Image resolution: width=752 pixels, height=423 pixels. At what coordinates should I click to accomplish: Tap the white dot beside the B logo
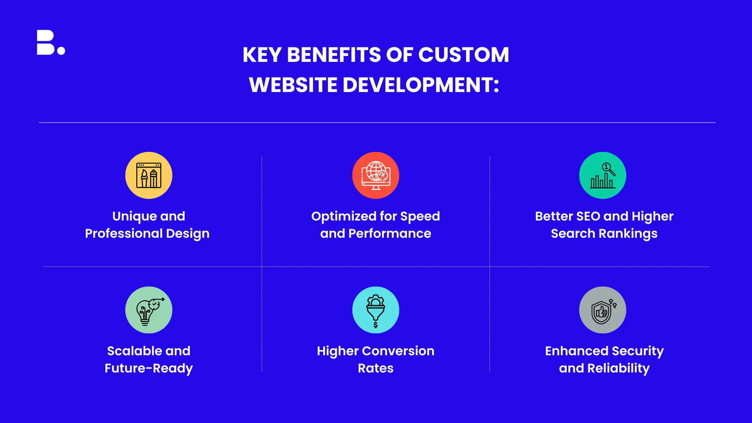(x=61, y=51)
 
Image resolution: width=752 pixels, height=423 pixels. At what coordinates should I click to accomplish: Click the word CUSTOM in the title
(x=464, y=55)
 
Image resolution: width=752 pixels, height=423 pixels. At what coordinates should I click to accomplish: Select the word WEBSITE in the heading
(x=293, y=85)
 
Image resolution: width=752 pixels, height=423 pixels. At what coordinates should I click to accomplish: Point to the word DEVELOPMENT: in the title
(x=421, y=85)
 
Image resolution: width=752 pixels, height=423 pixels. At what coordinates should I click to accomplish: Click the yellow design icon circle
(x=149, y=175)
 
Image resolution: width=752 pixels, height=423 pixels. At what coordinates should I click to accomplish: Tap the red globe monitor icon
(x=376, y=175)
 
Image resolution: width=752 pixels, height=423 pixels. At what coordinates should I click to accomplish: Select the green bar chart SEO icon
(x=603, y=175)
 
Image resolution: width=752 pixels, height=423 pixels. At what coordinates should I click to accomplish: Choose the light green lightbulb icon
(x=149, y=310)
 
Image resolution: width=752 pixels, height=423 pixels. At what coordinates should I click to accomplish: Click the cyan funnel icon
(x=376, y=310)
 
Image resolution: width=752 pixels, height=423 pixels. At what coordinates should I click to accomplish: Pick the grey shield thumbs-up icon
(x=603, y=310)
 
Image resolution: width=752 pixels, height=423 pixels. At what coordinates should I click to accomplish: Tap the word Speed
(x=420, y=217)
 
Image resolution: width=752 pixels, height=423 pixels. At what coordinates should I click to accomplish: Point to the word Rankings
(x=628, y=234)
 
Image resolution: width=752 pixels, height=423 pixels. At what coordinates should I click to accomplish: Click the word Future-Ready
(x=149, y=369)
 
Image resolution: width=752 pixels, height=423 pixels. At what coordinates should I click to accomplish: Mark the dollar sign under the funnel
(x=376, y=325)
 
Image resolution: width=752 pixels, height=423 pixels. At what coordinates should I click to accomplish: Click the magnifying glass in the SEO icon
(x=608, y=169)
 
